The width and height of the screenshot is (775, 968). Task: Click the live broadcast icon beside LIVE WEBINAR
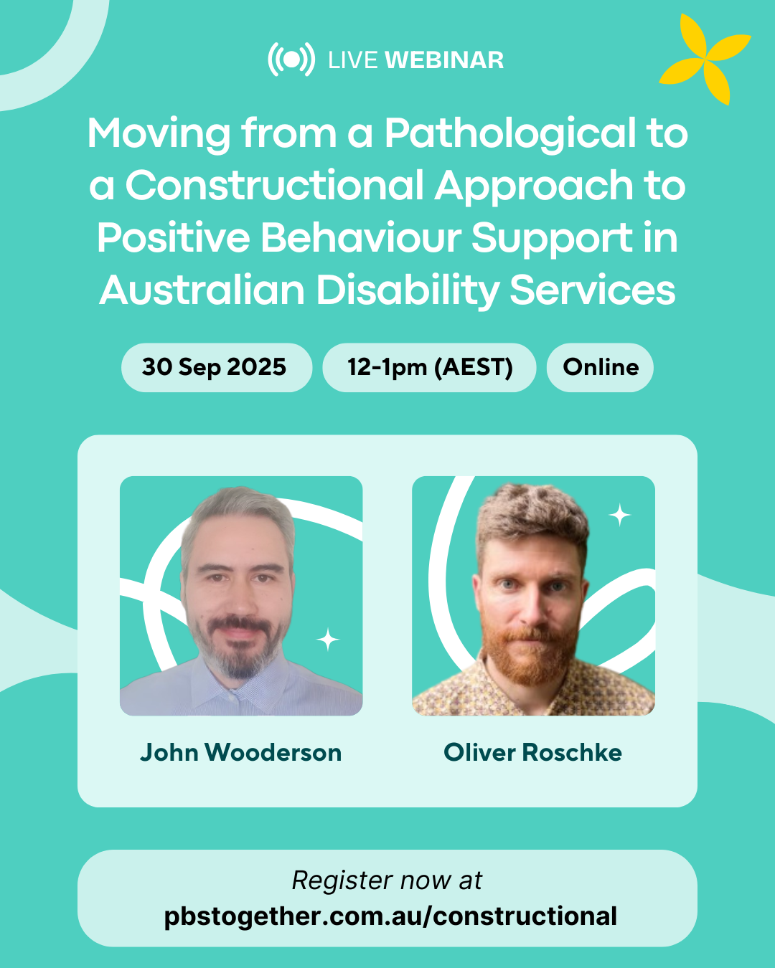point(291,60)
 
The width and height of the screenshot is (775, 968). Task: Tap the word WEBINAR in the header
point(444,60)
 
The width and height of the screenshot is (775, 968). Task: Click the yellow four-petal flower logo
point(705,59)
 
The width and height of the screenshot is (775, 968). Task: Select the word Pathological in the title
point(509,134)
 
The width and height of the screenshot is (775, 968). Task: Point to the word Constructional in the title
point(275,185)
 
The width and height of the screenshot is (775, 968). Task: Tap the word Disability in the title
point(408,290)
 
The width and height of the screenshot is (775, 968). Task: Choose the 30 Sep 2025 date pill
point(217,368)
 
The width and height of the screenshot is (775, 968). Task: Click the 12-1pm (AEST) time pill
point(429,368)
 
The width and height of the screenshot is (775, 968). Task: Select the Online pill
point(600,368)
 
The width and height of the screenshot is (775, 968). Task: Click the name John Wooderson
point(241,753)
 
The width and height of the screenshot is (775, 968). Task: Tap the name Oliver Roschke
point(532,753)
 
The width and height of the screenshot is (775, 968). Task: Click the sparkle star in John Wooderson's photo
point(328,639)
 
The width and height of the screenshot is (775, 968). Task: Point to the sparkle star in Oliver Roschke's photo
point(619,515)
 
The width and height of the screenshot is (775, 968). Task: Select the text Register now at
point(387,881)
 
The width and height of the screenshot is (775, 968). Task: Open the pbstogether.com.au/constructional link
point(390,916)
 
